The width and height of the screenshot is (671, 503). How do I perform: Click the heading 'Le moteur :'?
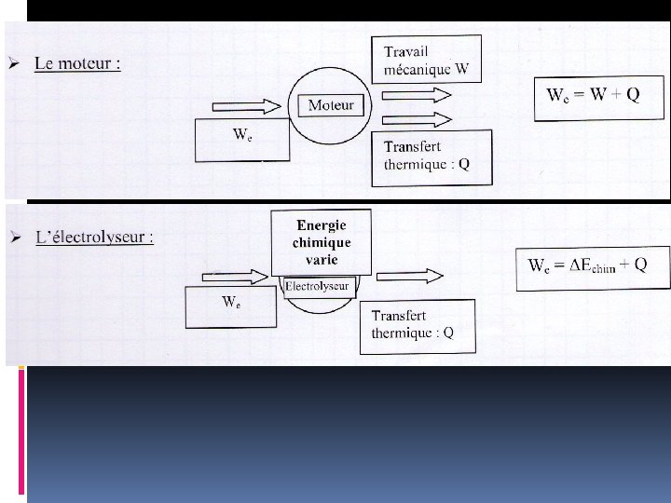point(77,63)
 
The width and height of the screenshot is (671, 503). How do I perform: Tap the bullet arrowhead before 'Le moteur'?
point(14,63)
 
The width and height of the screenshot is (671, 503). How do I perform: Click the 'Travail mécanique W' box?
point(427,60)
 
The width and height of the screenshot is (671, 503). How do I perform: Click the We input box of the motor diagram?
point(241,141)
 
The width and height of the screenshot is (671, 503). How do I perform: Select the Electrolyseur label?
point(317,286)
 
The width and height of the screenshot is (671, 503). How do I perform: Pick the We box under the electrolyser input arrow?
point(231,306)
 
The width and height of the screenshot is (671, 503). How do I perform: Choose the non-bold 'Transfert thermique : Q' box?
point(417,325)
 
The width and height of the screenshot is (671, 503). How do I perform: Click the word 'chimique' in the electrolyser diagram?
point(322,243)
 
